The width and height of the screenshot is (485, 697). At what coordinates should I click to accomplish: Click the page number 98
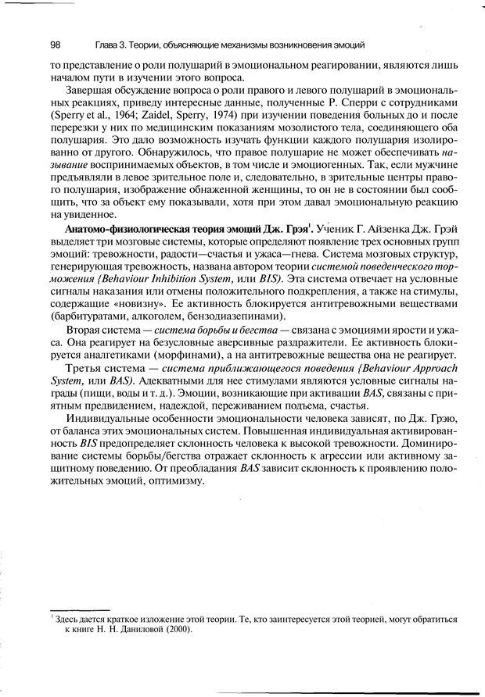[55, 44]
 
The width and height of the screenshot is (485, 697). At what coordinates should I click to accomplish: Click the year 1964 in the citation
[115, 116]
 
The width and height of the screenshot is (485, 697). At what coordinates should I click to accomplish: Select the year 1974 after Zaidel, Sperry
[188, 116]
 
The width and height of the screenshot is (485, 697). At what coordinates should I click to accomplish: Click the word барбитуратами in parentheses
[86, 316]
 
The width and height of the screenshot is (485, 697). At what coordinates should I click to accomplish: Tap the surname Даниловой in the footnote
[140, 629]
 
